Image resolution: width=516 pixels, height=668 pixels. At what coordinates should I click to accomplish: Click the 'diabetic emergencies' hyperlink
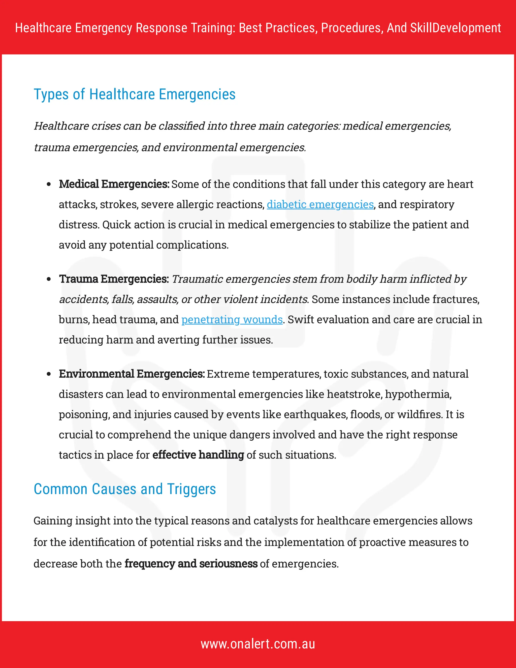320,205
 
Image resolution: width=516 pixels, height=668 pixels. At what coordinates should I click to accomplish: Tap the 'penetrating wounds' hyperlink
232,320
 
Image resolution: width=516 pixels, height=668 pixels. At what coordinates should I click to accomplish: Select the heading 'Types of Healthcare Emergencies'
135,94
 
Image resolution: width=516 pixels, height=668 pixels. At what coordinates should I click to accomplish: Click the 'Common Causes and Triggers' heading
125,489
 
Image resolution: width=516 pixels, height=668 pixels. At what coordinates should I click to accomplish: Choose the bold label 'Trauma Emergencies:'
114,279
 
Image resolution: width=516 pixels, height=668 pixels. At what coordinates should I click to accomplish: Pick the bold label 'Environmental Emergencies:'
132,374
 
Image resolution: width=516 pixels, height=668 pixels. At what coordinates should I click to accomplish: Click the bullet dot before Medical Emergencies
49,185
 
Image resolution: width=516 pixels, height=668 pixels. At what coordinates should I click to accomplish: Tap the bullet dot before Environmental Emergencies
49,374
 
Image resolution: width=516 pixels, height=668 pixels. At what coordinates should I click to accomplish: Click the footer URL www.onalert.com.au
258,644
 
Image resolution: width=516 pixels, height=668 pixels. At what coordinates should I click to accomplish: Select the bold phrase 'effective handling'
198,455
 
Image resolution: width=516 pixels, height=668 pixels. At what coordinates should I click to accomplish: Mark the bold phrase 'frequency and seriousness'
191,564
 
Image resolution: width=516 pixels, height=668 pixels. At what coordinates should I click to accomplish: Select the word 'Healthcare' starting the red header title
43,28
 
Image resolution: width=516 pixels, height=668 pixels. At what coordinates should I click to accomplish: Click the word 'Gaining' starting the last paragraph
53,521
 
